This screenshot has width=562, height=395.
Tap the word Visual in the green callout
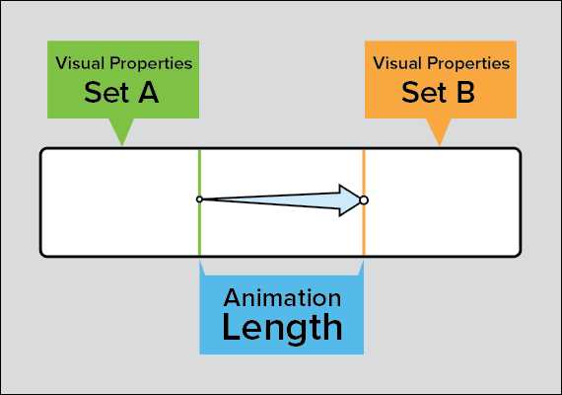coord(80,64)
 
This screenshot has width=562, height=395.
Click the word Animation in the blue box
coord(282,297)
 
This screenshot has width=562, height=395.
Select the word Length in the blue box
coord(282,327)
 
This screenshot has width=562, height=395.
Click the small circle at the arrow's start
coord(199,199)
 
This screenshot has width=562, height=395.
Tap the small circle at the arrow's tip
coord(364,200)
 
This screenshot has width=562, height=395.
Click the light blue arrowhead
coord(347,199)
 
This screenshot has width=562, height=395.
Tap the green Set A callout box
coord(123,79)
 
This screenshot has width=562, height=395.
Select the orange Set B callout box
coord(440,79)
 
